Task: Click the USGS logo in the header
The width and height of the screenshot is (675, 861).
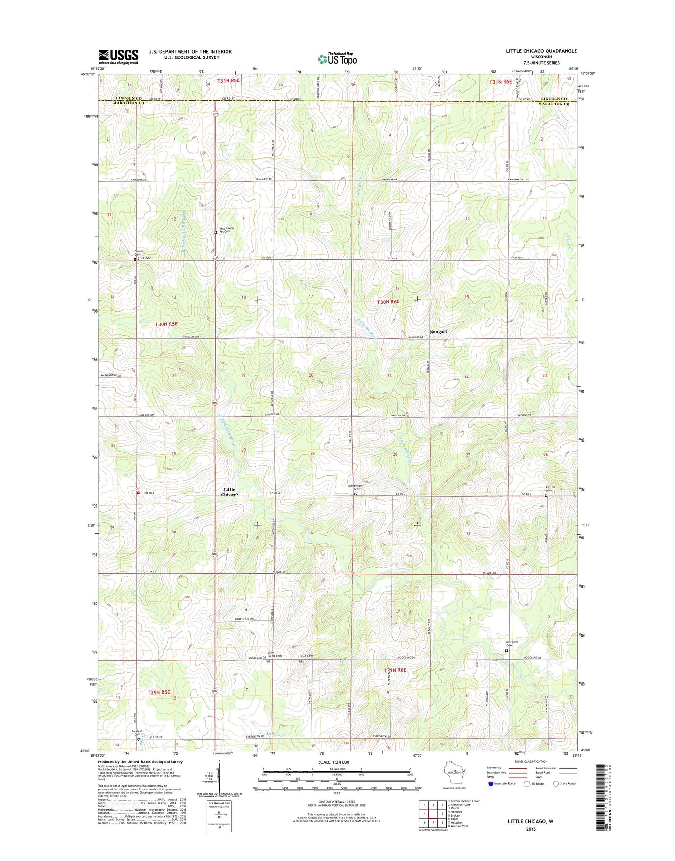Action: [x=118, y=57]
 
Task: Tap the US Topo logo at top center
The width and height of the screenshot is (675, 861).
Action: [x=337, y=59]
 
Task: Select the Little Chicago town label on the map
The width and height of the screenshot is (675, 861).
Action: [x=229, y=492]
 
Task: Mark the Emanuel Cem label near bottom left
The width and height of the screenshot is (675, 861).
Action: [x=137, y=732]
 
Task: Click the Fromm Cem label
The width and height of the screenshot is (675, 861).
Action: [x=138, y=253]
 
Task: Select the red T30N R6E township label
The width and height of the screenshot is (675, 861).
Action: [x=388, y=302]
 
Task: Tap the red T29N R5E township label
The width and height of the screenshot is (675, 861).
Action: [x=159, y=692]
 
